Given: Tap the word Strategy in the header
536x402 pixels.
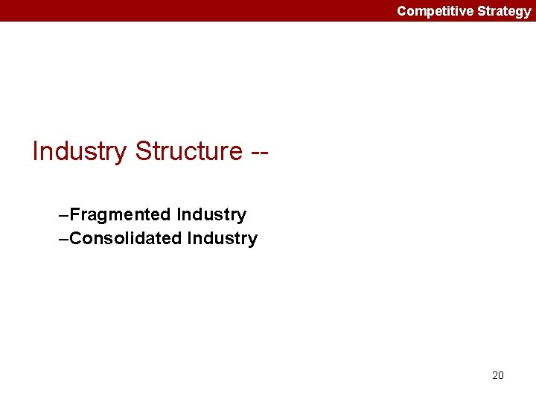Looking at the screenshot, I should [503, 10].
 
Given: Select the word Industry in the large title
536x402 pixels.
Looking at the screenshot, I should [80, 151].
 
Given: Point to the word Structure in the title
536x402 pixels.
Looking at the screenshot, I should [188, 151].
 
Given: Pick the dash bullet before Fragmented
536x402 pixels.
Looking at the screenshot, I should [63, 215].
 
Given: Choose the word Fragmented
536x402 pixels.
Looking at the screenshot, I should [121, 215].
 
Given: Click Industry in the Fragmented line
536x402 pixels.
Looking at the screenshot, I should [211, 215].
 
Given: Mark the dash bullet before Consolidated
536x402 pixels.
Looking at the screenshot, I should [63, 239].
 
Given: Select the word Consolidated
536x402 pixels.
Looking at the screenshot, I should [127, 239].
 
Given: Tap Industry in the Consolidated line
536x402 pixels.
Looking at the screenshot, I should [223, 239].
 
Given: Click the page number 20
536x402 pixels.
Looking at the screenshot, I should [498, 375].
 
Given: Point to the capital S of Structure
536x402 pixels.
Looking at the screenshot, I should [141, 151].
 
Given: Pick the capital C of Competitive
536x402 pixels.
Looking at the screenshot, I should [401, 10].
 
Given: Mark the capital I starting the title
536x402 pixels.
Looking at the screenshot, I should [35, 151].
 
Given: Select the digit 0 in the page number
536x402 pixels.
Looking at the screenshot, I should [501, 375].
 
